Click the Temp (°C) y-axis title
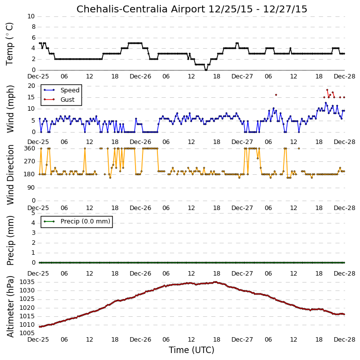(9, 44)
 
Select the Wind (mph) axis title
(10, 109)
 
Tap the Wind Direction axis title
(10, 175)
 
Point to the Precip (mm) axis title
(10, 240)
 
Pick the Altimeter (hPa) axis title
(10, 306)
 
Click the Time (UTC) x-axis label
(192, 350)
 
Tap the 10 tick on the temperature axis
(31, 16)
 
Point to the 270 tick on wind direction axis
(30, 161)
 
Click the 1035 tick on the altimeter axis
(27, 282)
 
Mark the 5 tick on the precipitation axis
(33, 213)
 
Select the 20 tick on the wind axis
(31, 86)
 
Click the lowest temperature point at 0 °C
(206, 70)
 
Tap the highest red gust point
(327, 90)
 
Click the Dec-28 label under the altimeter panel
(345, 339)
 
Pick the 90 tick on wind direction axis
(31, 188)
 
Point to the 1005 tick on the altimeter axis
(27, 333)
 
